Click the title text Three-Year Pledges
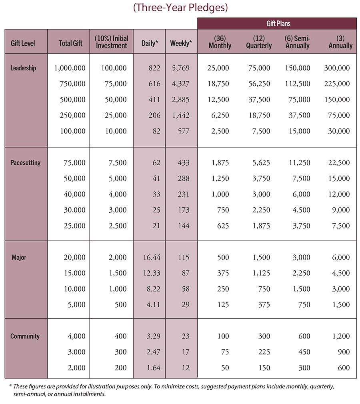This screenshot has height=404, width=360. pos(180,8)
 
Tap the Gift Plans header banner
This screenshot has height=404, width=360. pos(276,24)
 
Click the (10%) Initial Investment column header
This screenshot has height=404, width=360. pos(111,42)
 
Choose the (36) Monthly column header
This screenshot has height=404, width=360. pos(220,42)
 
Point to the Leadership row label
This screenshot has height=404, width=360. pos(23,68)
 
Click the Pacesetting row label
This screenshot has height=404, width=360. pos(25,163)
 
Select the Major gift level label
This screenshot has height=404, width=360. pos(19,257)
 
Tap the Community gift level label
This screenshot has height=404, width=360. pos(25,336)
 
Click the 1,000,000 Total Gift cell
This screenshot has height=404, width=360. pos(70,68)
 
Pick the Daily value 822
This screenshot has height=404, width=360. pos(154,68)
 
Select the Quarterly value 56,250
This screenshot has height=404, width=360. pos(259,84)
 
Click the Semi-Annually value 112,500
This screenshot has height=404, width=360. pos(298,84)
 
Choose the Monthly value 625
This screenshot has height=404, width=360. pos(223,226)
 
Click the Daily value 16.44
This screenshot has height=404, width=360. pos(152,257)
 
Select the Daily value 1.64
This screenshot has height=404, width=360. pos(154,368)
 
